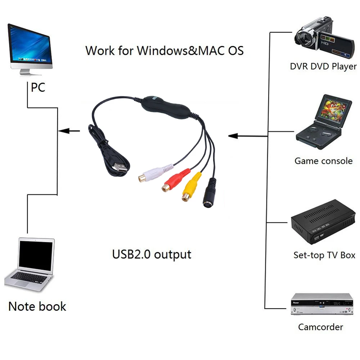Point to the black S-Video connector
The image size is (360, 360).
click(209, 195)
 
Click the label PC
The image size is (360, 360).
click(38, 87)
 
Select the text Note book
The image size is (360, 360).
click(37, 306)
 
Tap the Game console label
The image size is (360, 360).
click(323, 161)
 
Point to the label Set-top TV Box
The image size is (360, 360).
click(324, 255)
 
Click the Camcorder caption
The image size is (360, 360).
click(320, 327)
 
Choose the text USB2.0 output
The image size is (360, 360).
click(152, 254)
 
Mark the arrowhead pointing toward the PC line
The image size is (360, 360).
click(64, 131)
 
